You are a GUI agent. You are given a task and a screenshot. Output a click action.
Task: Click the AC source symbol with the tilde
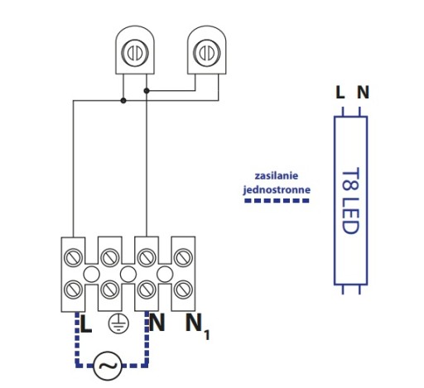[x=108, y=366]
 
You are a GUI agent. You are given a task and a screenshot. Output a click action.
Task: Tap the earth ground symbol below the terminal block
[x=118, y=323]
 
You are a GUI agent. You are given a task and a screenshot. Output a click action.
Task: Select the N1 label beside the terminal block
[x=197, y=326]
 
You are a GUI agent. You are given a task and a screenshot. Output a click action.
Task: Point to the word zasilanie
[x=277, y=175]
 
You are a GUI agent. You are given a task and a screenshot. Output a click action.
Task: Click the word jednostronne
[x=277, y=189]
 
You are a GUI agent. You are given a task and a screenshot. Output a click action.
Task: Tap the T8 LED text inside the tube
[x=350, y=201]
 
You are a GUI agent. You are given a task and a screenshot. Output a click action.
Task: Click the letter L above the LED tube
[x=340, y=92]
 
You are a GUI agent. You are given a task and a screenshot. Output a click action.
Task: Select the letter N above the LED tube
[x=363, y=92]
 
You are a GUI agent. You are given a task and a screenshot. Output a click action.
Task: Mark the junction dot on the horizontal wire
[x=123, y=100]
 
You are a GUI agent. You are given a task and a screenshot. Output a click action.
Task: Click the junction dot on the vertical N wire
[x=147, y=91]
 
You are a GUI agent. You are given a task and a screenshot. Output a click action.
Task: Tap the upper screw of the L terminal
[x=73, y=257]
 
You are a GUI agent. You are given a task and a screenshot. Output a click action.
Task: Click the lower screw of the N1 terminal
[x=183, y=290]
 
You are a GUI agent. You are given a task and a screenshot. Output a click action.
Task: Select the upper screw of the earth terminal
[x=110, y=257]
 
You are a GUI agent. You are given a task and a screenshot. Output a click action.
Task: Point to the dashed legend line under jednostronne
[x=277, y=201]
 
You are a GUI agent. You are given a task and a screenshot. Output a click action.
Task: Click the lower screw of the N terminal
[x=147, y=290]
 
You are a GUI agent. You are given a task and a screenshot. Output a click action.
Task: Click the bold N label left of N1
[x=157, y=323]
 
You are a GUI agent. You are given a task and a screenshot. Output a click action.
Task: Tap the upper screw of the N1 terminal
[x=183, y=257]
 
